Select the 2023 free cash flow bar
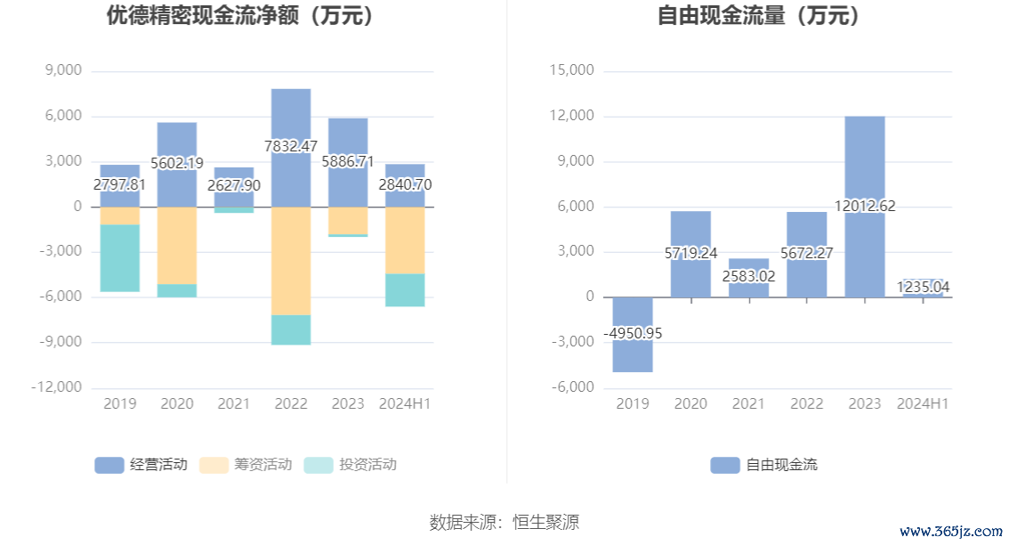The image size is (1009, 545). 864,160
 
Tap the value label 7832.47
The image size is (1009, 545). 291,146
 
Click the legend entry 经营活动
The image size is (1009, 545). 141,465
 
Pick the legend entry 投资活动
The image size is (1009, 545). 351,465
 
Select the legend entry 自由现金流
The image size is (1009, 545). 764,465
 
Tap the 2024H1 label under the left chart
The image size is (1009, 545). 405,403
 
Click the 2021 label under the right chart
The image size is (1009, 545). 748,403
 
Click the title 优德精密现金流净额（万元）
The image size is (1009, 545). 240,15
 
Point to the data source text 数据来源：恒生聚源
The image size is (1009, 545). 504,522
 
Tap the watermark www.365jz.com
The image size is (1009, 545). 949,532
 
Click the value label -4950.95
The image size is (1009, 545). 633,333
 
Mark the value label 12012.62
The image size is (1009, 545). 864,206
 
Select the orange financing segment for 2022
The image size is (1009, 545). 291,260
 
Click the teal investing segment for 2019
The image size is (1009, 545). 119,258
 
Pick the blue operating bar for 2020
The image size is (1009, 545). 177,142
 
